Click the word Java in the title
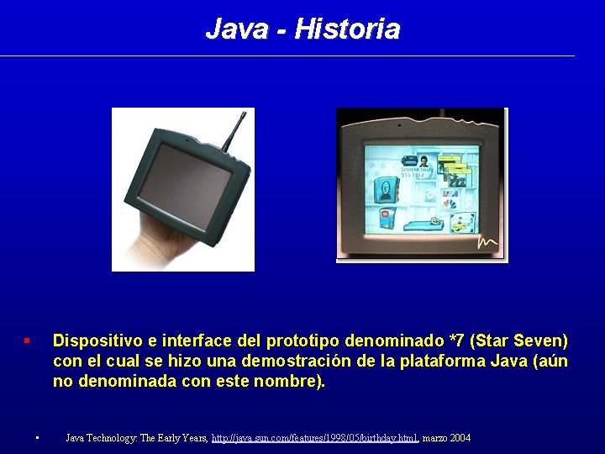click(x=236, y=29)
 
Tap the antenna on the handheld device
click(x=237, y=126)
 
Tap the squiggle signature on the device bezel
click(x=488, y=242)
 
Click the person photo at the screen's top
click(x=425, y=161)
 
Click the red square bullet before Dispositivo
click(x=27, y=340)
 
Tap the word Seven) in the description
click(x=542, y=341)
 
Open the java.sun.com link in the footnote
click(x=314, y=438)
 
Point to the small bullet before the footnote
click(x=38, y=438)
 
